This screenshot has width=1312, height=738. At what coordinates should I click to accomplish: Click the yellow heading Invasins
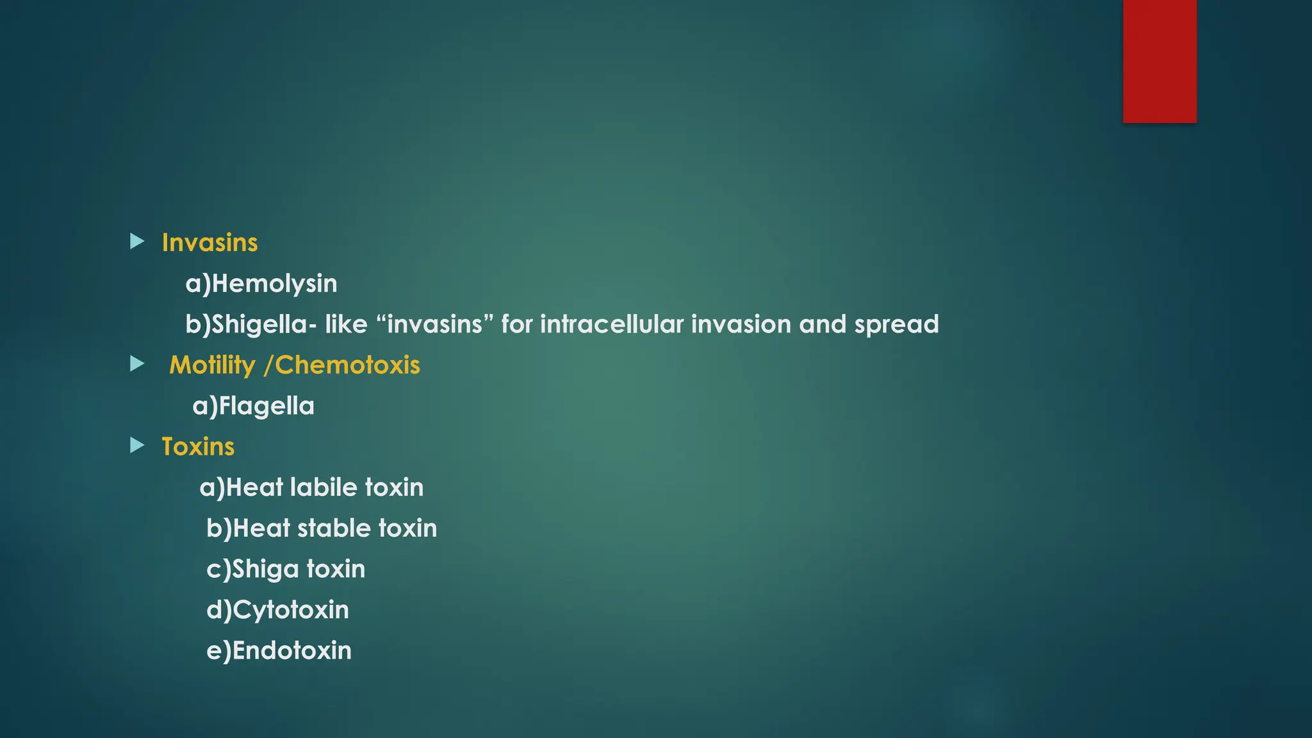pos(209,243)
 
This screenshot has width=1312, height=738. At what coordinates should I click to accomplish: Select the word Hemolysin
pos(274,284)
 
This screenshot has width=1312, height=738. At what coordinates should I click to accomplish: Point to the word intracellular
pos(612,324)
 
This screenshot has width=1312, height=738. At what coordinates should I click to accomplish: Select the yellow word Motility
pos(212,365)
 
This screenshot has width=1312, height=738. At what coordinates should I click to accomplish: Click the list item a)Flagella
pos(253,406)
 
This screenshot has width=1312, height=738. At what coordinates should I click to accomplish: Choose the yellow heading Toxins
pos(198,447)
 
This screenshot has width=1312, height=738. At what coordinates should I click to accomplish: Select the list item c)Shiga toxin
pos(286,570)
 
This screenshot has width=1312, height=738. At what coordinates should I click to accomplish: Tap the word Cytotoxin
pos(291,610)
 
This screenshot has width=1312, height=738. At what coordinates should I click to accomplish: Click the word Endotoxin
pos(291,651)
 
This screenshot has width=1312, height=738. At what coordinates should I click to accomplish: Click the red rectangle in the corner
pos(1160,61)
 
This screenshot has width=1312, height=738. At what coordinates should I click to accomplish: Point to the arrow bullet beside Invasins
pos(137,242)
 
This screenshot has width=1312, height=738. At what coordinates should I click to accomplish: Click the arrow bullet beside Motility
pos(137,365)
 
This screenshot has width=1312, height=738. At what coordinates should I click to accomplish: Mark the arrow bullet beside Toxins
pos(137,445)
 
